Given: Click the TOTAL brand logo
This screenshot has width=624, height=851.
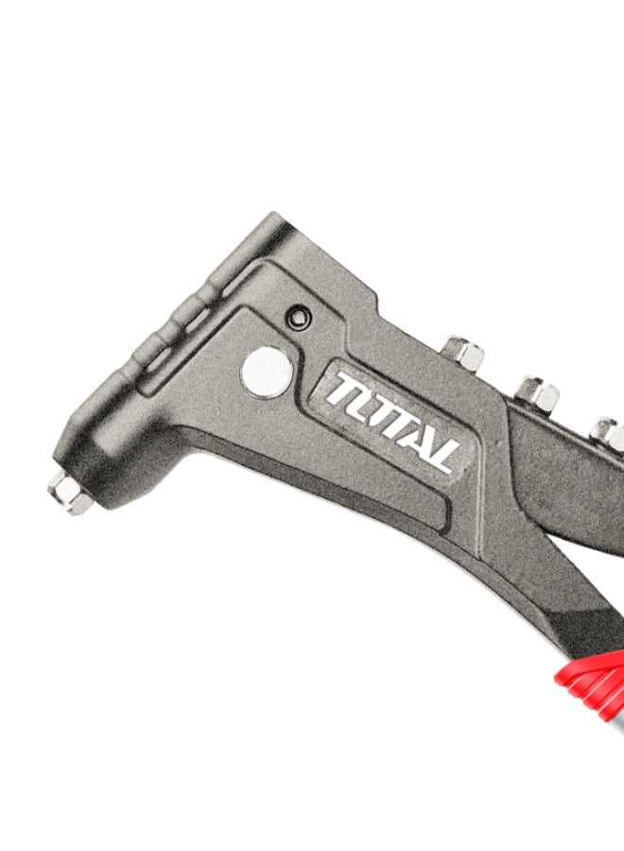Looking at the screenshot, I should click(x=392, y=415).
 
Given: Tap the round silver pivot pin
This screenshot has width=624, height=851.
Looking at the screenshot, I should click(x=267, y=371).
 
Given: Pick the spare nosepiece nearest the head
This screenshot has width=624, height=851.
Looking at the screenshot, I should click(x=465, y=354).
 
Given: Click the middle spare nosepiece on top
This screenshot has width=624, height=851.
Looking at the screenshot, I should click(x=536, y=391).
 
